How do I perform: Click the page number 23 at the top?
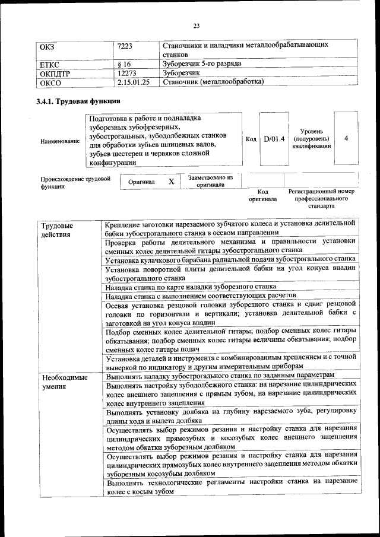pyautogui.click(x=196, y=25)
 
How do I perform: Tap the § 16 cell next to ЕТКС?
pyautogui.click(x=125, y=63)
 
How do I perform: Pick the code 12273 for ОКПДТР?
pyautogui.click(x=128, y=72)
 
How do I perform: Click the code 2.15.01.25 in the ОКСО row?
pyautogui.click(x=134, y=82)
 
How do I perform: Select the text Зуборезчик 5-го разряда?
pyautogui.click(x=201, y=63)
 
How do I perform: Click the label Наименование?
pyautogui.click(x=60, y=141)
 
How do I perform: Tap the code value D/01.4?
pyautogui.click(x=274, y=139)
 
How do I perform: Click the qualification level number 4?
pyautogui.click(x=346, y=138)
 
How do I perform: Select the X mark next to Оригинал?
pyautogui.click(x=171, y=182)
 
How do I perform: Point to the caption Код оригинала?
pyautogui.click(x=263, y=196)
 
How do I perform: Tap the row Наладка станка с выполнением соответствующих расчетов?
pyautogui.click(x=199, y=295)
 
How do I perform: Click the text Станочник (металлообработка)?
pyautogui.click(x=213, y=82)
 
